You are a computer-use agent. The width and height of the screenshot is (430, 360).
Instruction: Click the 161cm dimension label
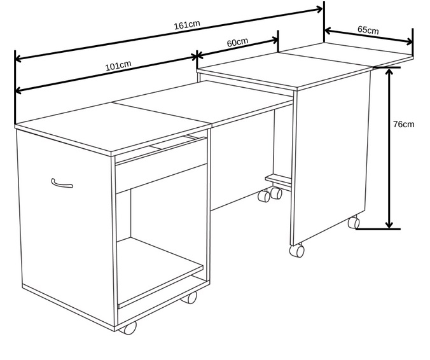coord(187,25)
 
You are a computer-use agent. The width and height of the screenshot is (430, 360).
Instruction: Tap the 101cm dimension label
coord(118,66)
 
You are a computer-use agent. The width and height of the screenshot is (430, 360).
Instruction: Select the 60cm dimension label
coord(237,42)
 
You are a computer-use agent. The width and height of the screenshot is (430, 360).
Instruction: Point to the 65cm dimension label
coord(368,30)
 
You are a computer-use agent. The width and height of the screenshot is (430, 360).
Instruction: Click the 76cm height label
coord(404,124)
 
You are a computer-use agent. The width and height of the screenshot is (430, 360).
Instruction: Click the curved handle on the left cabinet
coord(62,183)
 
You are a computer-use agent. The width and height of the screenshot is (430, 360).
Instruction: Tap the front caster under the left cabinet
coord(128,328)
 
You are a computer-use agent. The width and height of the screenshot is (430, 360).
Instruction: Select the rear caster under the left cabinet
coord(189,298)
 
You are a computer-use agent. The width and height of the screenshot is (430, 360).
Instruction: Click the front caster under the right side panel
coord(297,250)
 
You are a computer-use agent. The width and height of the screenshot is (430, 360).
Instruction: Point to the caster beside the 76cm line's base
coord(354,222)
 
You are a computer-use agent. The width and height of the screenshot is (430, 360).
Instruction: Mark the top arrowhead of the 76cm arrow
coord(389,72)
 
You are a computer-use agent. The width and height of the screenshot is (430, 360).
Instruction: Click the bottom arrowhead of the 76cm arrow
coord(389,225)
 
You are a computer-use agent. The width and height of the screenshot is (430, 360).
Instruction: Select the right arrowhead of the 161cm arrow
coord(320,10)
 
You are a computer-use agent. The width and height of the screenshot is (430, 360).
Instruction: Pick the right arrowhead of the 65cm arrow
coord(410,42)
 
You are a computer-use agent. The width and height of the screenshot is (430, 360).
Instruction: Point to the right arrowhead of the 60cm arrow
coord(275,41)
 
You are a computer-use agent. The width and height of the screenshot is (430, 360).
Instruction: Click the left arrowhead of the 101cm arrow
coord(18,90)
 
